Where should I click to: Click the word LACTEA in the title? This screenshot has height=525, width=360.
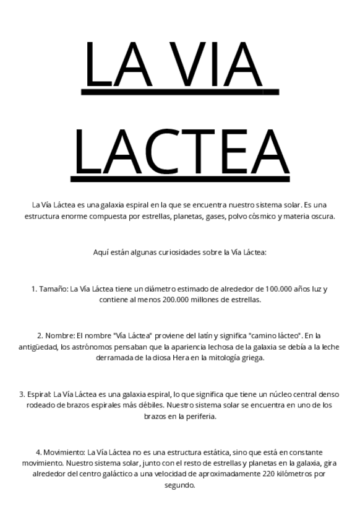[181, 152]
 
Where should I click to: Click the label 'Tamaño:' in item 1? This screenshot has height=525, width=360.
[53, 289]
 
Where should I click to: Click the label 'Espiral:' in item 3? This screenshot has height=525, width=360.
[39, 394]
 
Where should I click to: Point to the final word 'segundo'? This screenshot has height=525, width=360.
[179, 485]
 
